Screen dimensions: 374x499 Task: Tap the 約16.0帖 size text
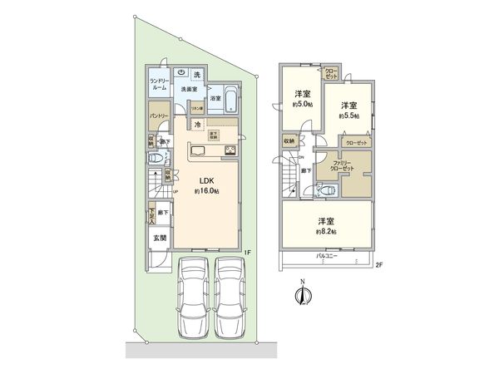point(206,191)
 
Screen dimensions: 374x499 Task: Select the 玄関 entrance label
point(158,238)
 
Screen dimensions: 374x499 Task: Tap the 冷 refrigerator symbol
point(197,125)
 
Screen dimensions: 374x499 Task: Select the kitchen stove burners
point(230,151)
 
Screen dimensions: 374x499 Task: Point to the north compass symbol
point(304,295)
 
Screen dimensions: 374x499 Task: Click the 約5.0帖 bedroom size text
point(303,105)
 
